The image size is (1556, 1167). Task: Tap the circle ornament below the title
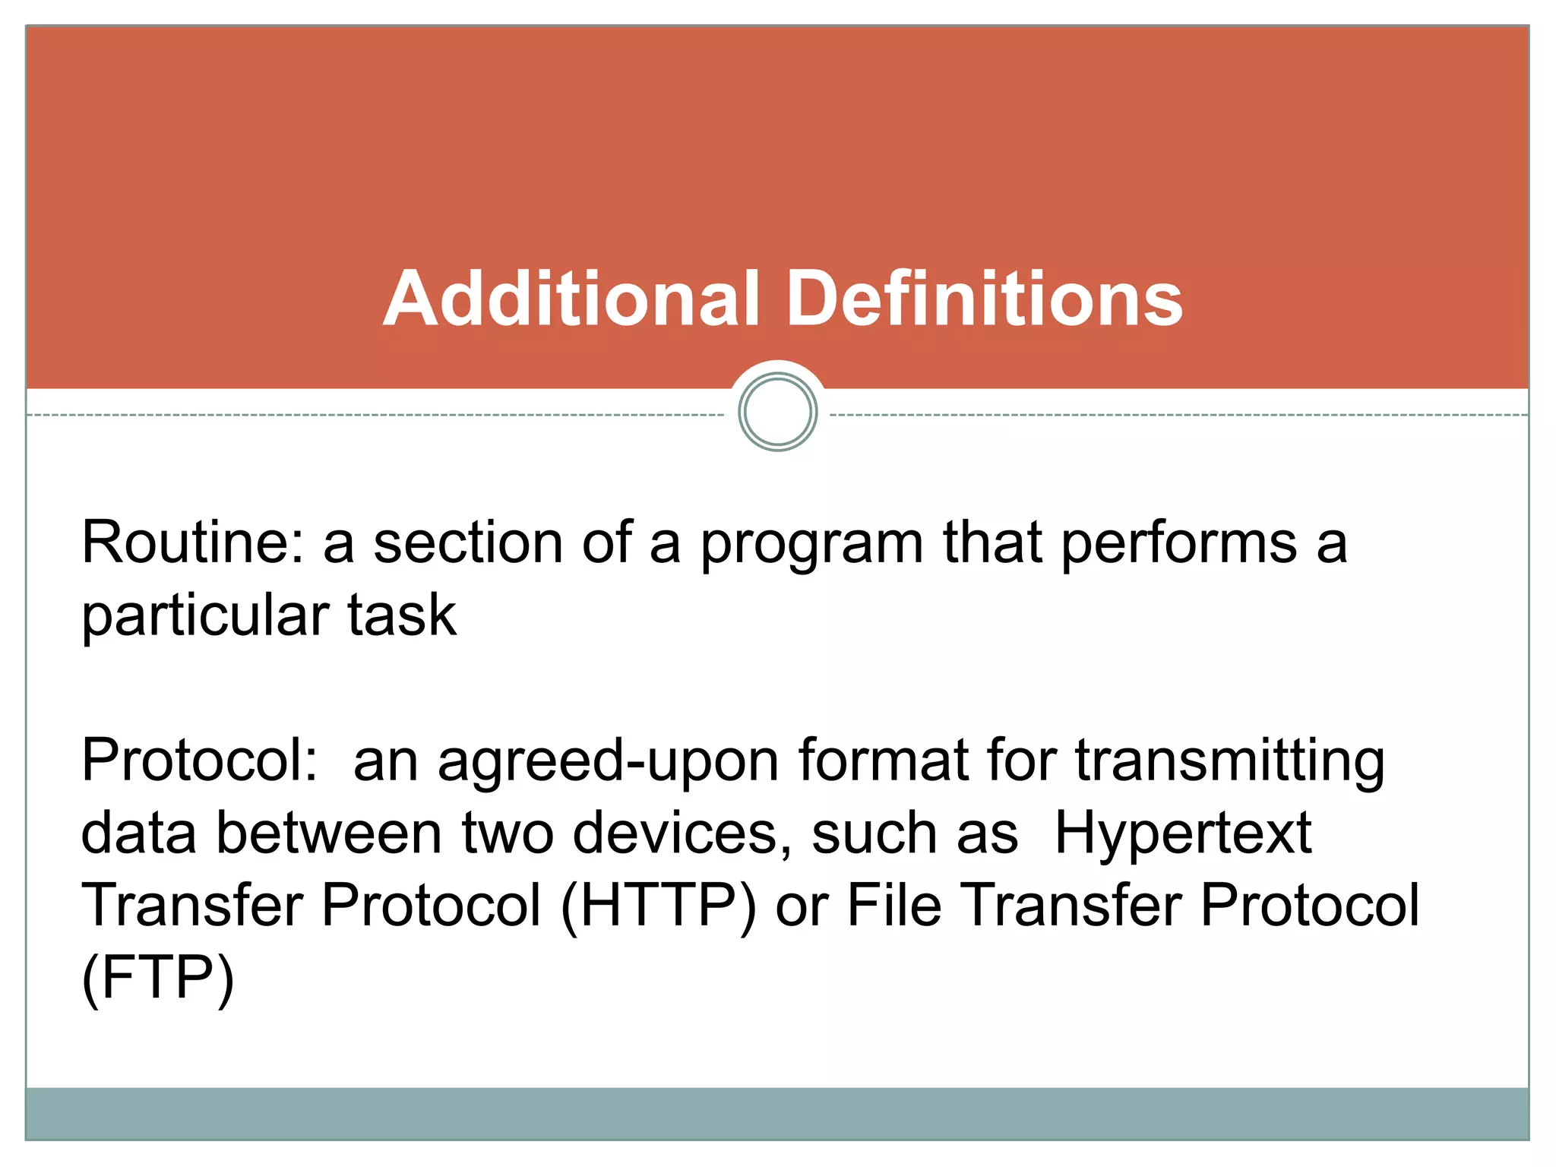[777, 413]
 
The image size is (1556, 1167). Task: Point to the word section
[468, 542]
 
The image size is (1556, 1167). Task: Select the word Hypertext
[1183, 834]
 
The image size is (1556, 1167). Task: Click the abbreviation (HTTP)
[658, 906]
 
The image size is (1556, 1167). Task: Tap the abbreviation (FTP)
[158, 979]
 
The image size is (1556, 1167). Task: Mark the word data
[139, 833]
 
